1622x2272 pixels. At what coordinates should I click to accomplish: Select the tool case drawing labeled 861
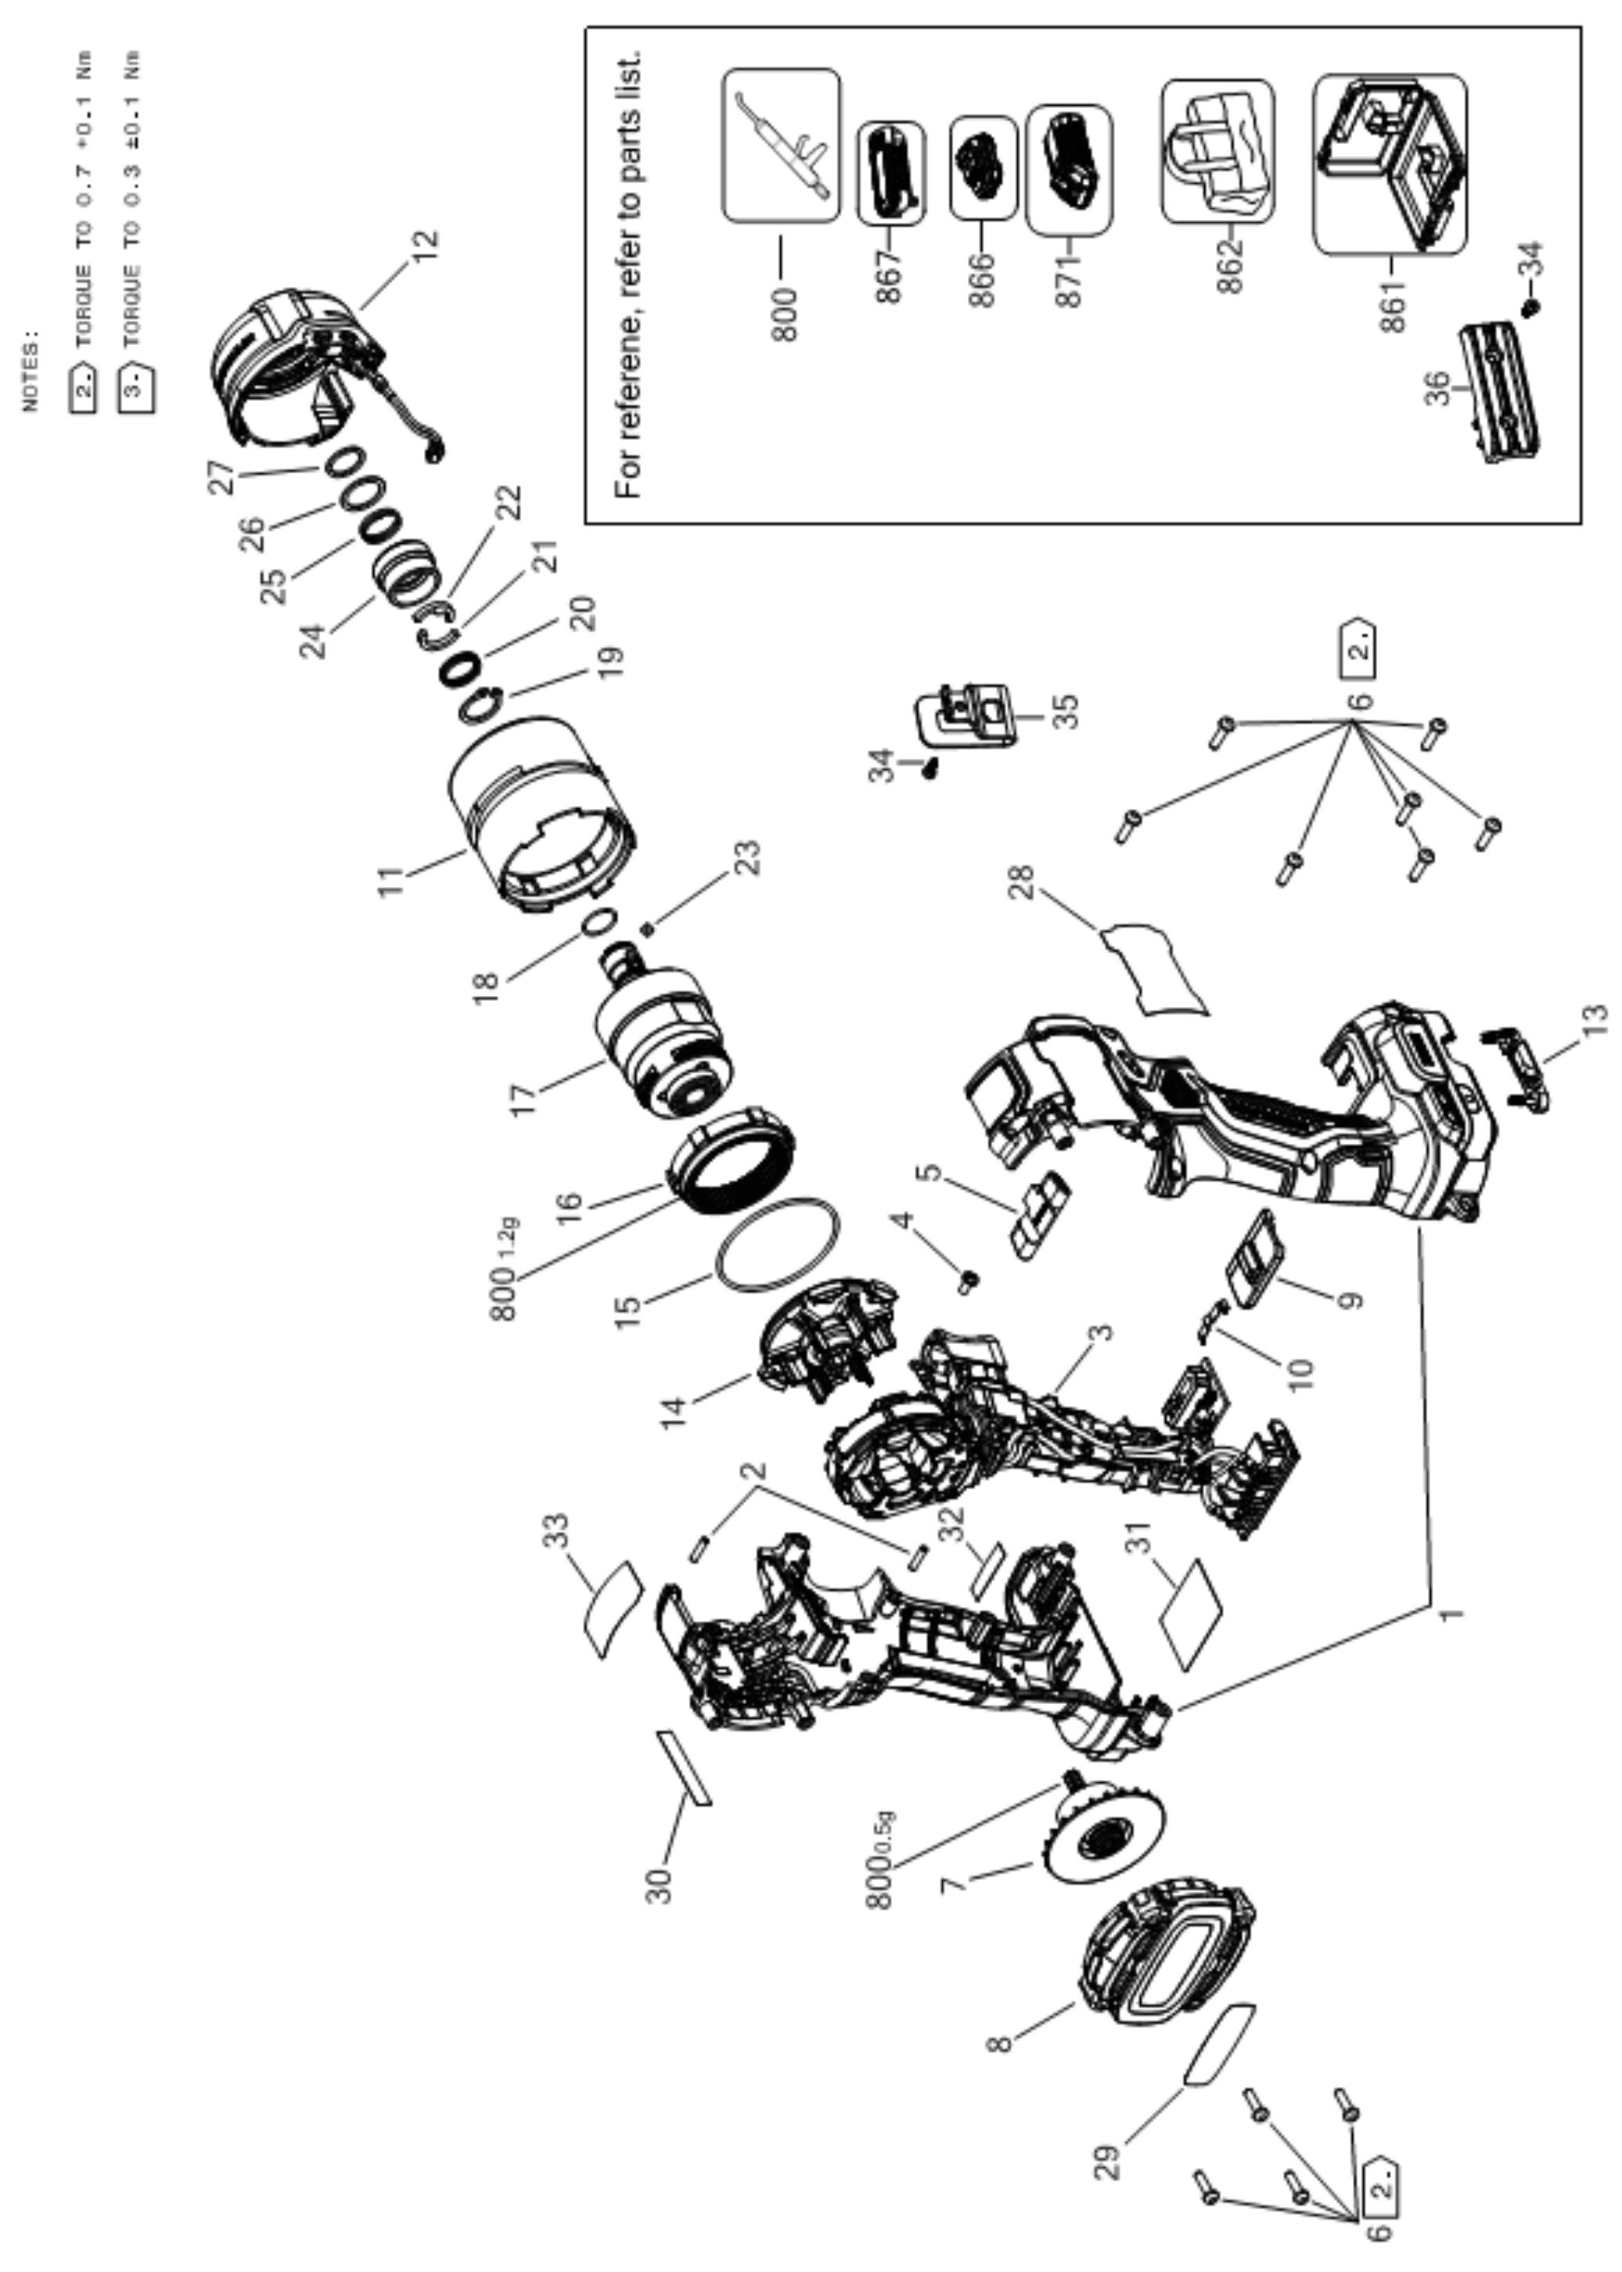[x=1390, y=164]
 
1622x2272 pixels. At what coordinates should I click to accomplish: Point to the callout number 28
[x=1021, y=882]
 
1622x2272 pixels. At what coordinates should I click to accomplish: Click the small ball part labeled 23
[x=647, y=929]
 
